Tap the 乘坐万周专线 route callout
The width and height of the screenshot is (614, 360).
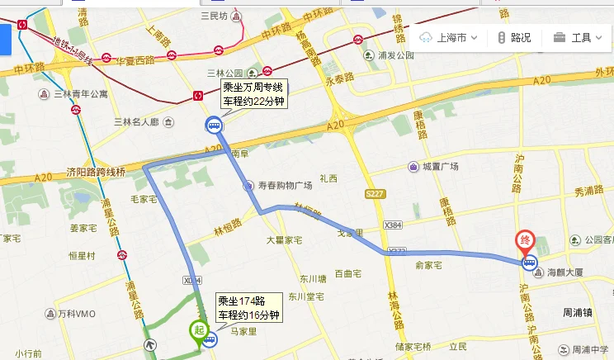click(x=253, y=93)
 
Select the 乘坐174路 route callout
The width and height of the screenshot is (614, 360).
click(x=248, y=308)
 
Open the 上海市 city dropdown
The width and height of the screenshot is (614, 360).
click(x=449, y=37)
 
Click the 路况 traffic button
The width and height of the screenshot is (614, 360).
click(x=515, y=37)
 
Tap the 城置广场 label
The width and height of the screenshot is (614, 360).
click(x=440, y=167)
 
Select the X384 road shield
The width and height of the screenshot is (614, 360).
click(x=393, y=225)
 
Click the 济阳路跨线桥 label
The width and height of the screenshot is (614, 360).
click(x=96, y=173)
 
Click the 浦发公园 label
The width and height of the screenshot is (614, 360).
click(x=394, y=56)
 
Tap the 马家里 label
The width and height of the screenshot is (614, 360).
click(x=245, y=331)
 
